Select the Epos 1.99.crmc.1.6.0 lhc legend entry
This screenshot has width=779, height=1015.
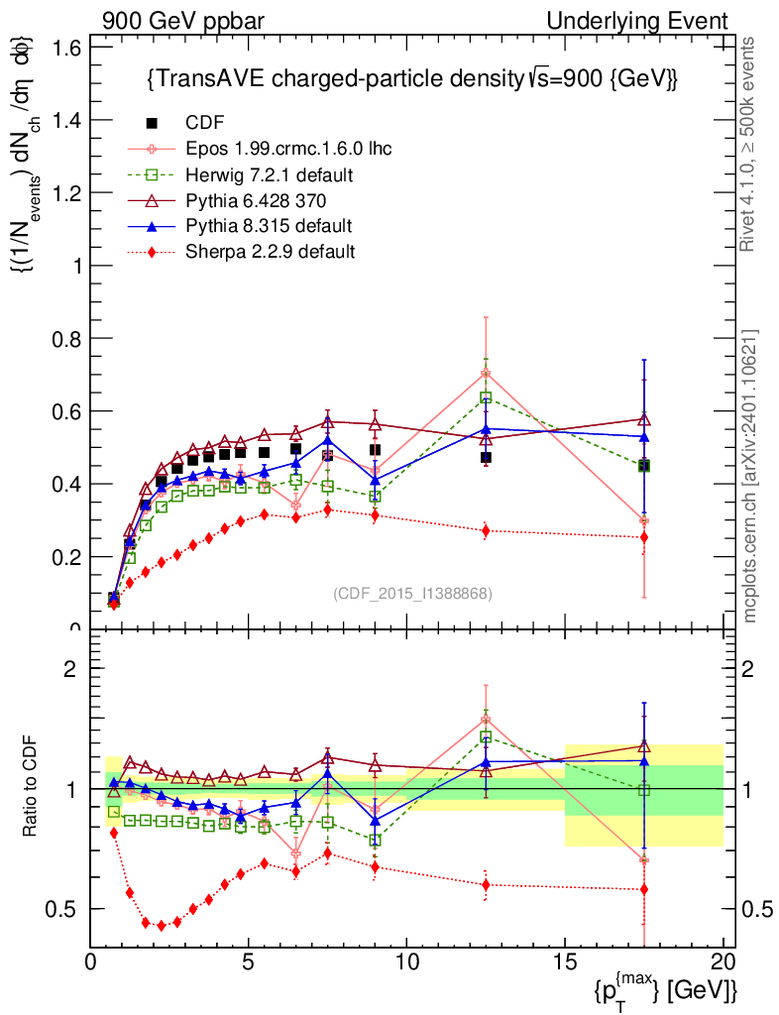click(x=287, y=149)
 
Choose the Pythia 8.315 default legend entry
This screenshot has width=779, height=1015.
click(x=268, y=226)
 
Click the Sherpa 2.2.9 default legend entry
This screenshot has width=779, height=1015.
click(x=270, y=252)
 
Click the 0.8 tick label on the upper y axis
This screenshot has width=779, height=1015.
click(x=66, y=339)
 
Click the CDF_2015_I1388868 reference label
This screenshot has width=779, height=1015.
click(x=411, y=594)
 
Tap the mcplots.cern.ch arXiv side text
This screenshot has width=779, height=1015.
click(x=751, y=476)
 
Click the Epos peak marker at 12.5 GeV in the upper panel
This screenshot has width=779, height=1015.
click(x=486, y=373)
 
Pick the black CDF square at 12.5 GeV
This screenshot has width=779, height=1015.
click(x=486, y=457)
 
